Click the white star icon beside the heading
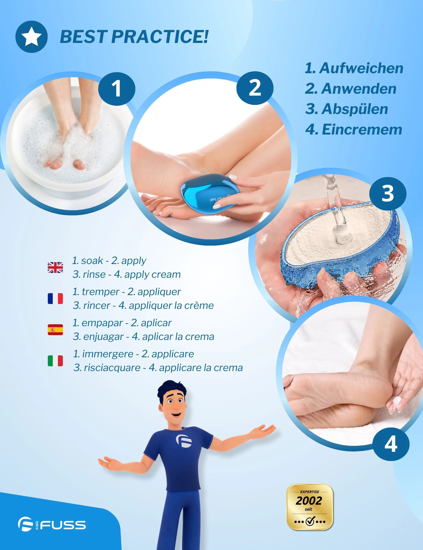point(32,37)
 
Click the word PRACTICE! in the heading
point(159,37)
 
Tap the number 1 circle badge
point(117,89)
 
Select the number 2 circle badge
point(255,88)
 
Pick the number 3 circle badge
point(388,193)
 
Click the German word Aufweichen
point(361,68)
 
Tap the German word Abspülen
point(355,109)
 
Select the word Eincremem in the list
point(362,130)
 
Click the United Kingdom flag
point(55,267)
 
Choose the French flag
point(55,298)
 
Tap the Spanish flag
point(55,330)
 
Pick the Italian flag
point(55,361)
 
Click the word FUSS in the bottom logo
point(63,525)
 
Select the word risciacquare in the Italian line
point(112,368)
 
